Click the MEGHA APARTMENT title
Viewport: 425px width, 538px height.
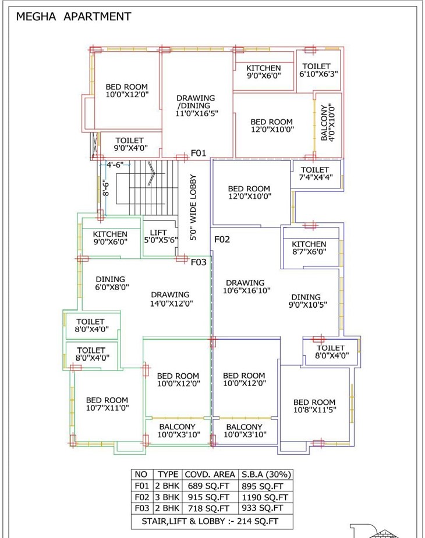click(73, 17)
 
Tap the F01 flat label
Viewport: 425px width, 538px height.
click(199, 153)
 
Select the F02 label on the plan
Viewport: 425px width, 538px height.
click(222, 239)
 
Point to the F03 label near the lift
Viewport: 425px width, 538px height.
click(199, 262)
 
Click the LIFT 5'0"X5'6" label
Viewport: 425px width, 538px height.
click(159, 236)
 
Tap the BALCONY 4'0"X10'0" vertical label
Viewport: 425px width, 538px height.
click(328, 122)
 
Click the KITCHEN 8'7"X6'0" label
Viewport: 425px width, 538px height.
click(309, 248)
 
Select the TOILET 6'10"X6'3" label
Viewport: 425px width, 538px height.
click(318, 70)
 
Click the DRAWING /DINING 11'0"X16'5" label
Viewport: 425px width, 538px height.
click(196, 106)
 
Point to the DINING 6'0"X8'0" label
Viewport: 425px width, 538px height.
click(112, 283)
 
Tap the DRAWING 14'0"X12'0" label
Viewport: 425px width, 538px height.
click(171, 298)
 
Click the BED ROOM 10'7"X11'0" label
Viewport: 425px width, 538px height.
click(107, 404)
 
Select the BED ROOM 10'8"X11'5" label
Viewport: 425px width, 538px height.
click(314, 406)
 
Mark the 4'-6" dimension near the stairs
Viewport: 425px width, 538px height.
click(115, 165)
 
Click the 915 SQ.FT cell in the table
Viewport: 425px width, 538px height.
click(208, 497)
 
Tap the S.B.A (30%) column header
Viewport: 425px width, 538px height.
click(268, 475)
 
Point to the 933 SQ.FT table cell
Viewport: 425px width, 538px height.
click(268, 508)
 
